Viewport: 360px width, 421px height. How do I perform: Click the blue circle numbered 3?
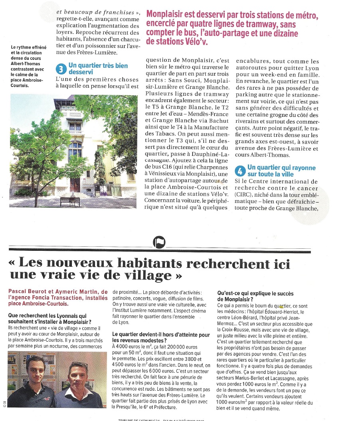pyautogui.click(x=60, y=69)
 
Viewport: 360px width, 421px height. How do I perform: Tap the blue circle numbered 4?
pyautogui.click(x=239, y=170)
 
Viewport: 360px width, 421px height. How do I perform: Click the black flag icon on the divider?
pyautogui.click(x=159, y=242)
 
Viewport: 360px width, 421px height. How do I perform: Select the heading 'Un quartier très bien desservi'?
pyautogui.click(x=98, y=69)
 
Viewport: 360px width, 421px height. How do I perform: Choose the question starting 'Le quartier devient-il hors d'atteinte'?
pyautogui.click(x=161, y=337)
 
